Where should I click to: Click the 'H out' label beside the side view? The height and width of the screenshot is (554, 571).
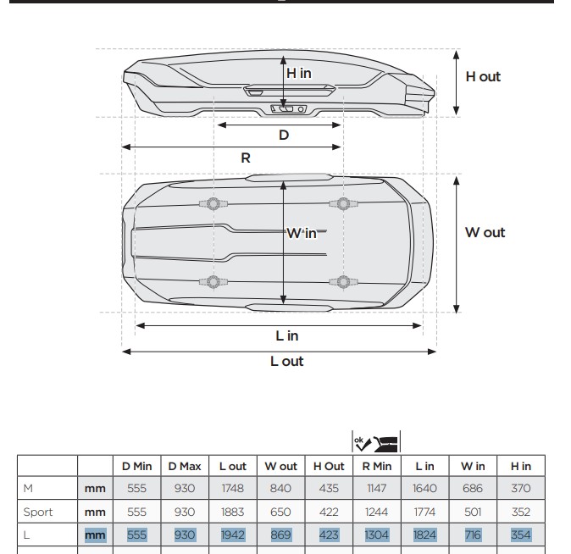(483, 76)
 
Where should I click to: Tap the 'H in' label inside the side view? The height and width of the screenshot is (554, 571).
(298, 73)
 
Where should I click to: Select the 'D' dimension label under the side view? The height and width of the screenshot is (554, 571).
(284, 135)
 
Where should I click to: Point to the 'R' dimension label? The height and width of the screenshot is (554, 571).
(246, 158)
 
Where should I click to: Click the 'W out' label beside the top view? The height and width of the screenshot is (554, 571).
(485, 232)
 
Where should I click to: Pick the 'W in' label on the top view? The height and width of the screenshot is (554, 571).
(302, 233)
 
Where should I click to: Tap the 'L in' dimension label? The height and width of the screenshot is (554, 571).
(288, 335)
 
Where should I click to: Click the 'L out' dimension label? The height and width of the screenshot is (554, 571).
(286, 361)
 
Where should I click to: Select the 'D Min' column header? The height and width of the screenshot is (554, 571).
(136, 466)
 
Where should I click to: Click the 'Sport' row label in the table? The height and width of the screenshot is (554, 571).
(39, 512)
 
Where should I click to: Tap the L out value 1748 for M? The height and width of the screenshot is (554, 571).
(232, 488)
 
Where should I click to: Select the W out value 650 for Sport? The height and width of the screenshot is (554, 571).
(280, 512)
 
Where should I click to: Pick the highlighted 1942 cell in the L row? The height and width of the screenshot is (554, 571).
(232, 535)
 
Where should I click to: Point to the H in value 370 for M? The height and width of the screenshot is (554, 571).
(520, 488)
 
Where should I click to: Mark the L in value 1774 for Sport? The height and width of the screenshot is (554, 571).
(424, 512)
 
